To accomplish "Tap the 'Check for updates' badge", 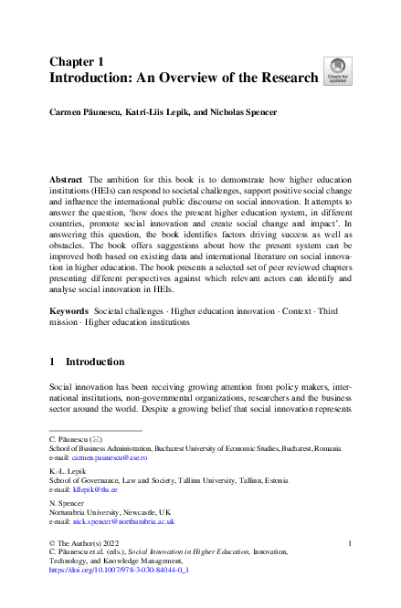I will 336,69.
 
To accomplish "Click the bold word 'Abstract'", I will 66,182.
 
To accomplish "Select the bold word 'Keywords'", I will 69,310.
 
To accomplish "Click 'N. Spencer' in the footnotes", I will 65,503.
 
